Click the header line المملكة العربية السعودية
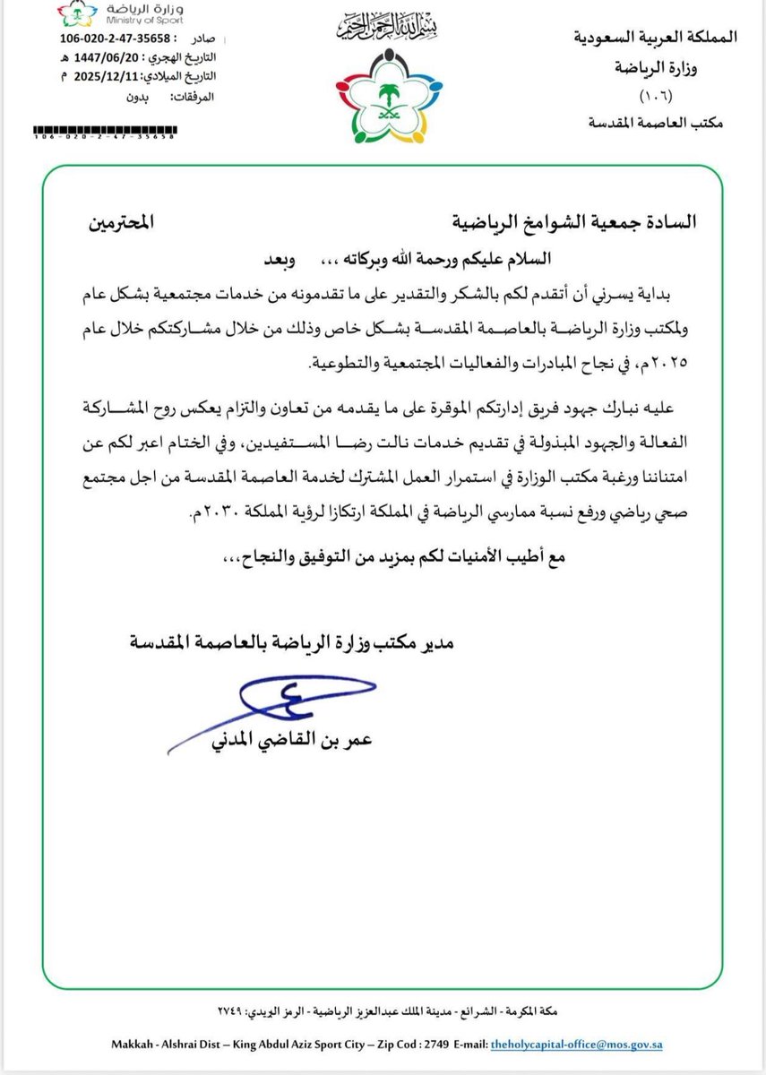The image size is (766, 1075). point(654,38)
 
